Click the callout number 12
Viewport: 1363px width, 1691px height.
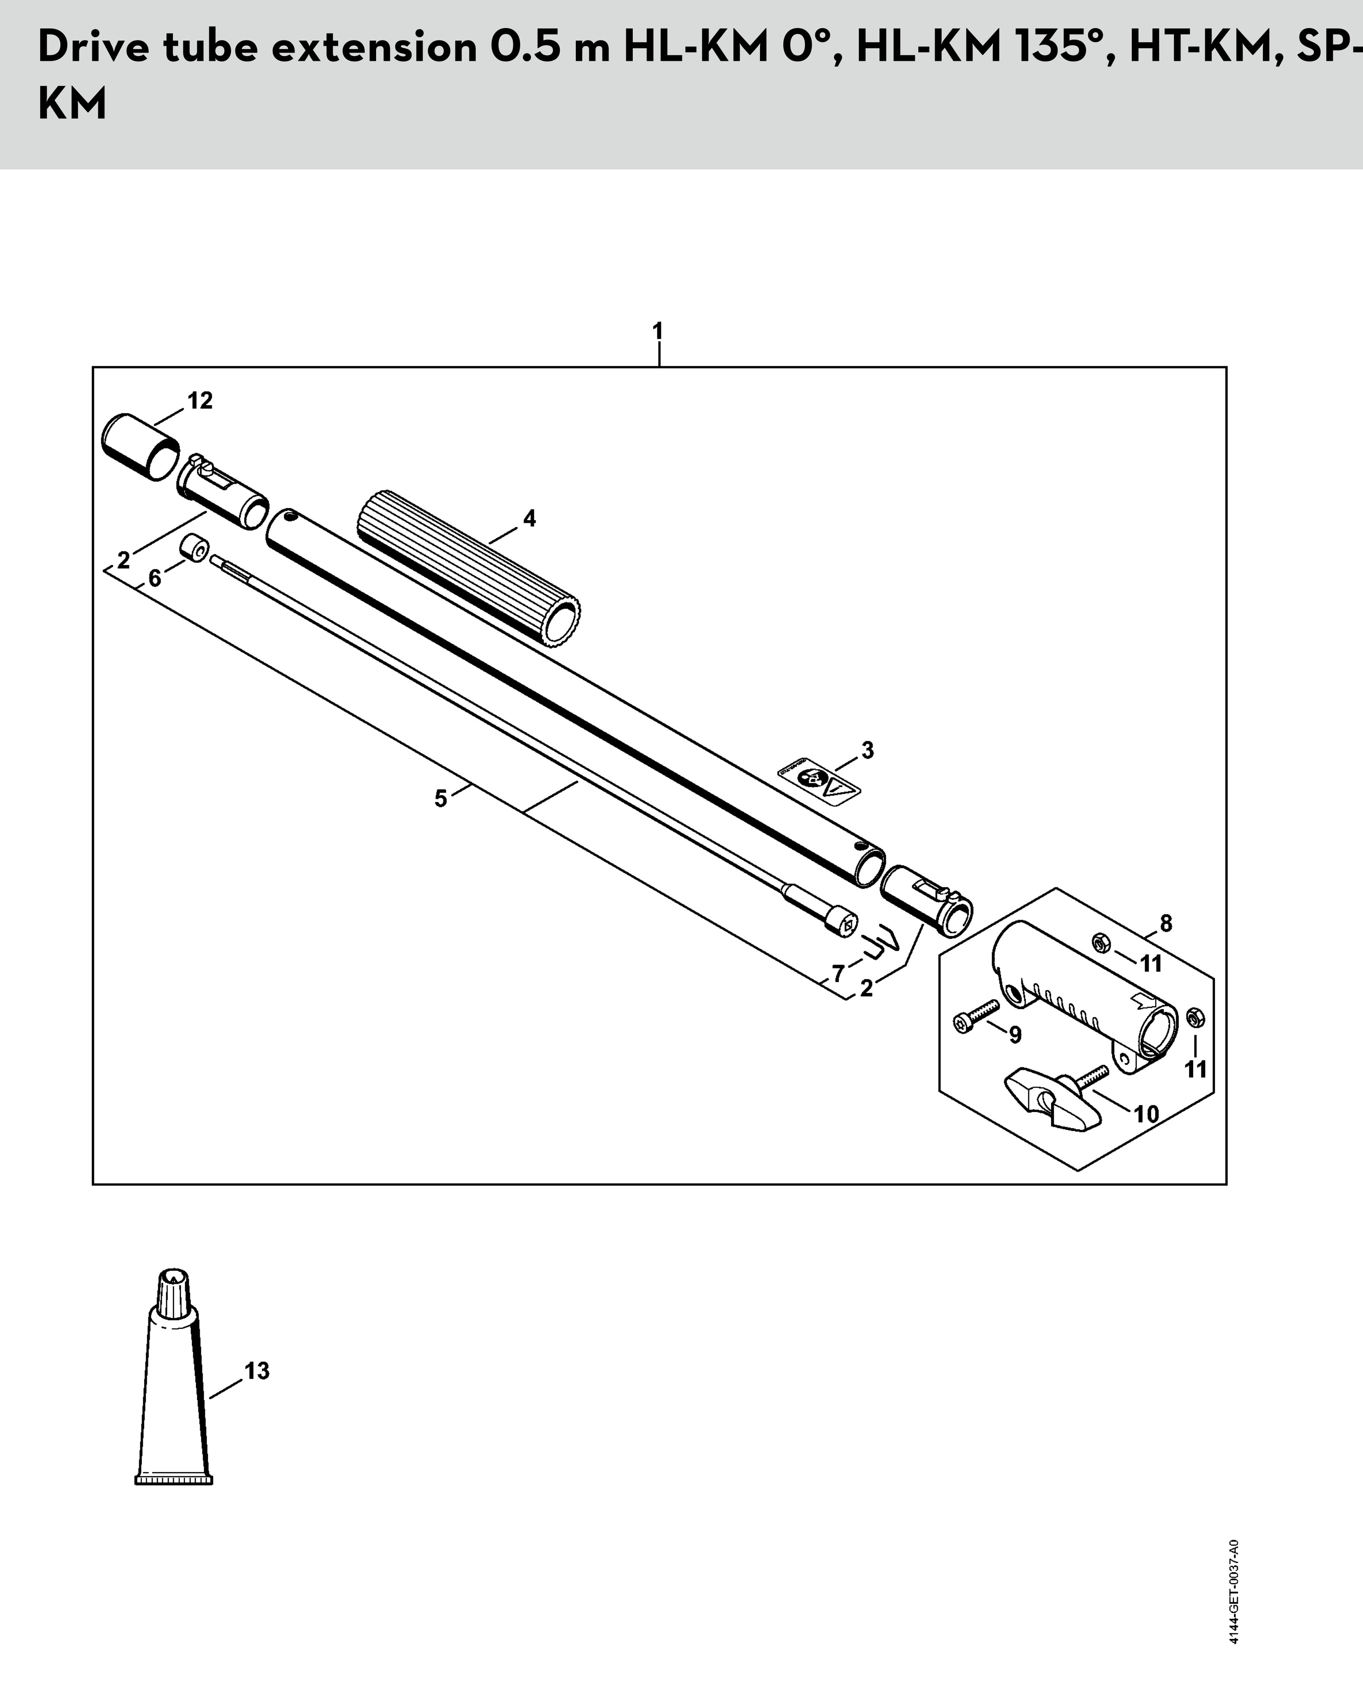coord(200,401)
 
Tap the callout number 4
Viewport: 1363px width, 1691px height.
coord(530,519)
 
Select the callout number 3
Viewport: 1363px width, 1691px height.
coord(867,751)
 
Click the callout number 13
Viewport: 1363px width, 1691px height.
coord(257,1371)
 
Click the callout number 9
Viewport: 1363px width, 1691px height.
coord(1015,1035)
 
